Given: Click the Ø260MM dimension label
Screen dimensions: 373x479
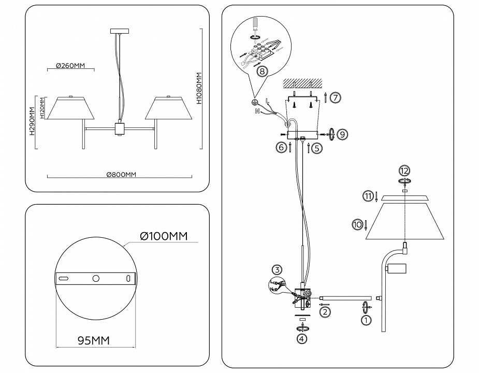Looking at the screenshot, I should [x=70, y=66].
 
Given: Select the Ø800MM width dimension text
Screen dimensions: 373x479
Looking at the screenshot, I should [x=121, y=175].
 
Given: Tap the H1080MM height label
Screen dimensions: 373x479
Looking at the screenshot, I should [x=199, y=90].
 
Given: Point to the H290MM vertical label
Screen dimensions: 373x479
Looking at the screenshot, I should [x=32, y=122].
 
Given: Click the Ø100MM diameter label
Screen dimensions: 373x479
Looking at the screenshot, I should [x=163, y=237].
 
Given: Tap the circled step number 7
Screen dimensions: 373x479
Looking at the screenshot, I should [x=335, y=97].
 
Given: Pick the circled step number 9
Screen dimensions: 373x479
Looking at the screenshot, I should [x=342, y=134].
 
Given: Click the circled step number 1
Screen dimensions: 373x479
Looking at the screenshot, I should [x=366, y=320].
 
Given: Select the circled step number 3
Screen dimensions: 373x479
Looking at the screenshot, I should [x=278, y=269].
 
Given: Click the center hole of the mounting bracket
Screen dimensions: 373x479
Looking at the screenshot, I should [x=96, y=278].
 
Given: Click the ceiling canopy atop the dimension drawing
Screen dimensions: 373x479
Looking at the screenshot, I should [x=119, y=32].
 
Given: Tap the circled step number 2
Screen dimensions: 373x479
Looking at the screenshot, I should [x=324, y=312].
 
